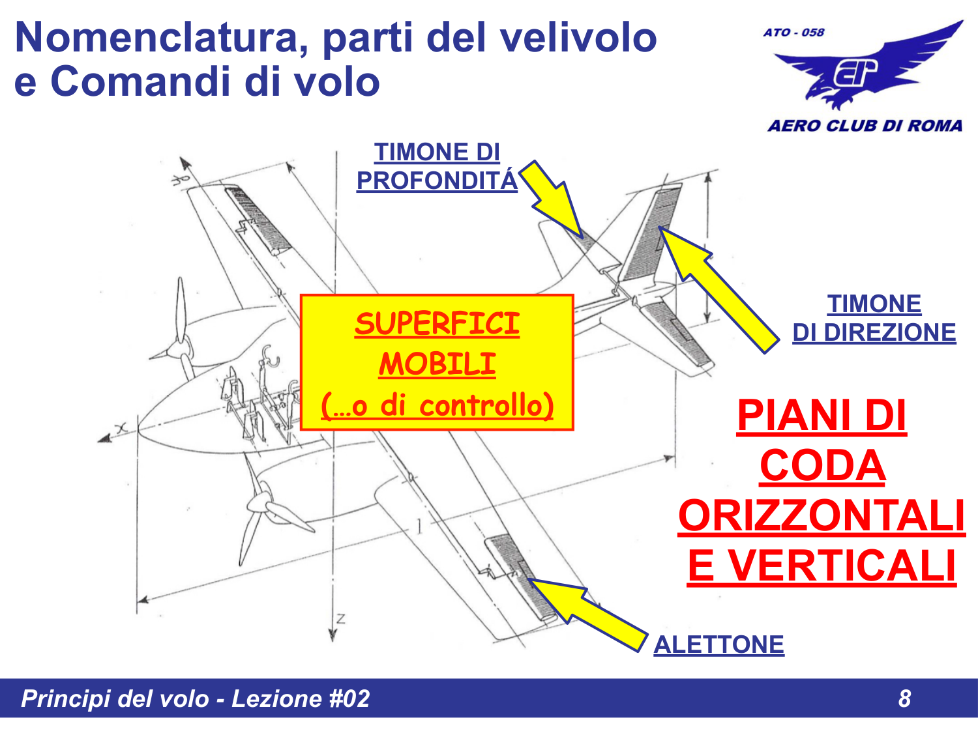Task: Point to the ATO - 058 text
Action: (793, 32)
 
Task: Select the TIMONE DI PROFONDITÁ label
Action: (437, 167)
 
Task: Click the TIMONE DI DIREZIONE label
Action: (874, 319)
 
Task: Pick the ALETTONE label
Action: (719, 644)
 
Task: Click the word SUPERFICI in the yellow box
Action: (437, 324)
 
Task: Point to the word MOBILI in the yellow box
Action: (437, 364)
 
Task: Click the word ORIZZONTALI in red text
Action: (822, 515)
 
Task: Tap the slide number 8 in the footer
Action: (904, 698)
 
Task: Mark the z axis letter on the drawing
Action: (340, 618)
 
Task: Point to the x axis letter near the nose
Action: (121, 427)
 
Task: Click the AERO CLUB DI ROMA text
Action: (865, 126)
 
